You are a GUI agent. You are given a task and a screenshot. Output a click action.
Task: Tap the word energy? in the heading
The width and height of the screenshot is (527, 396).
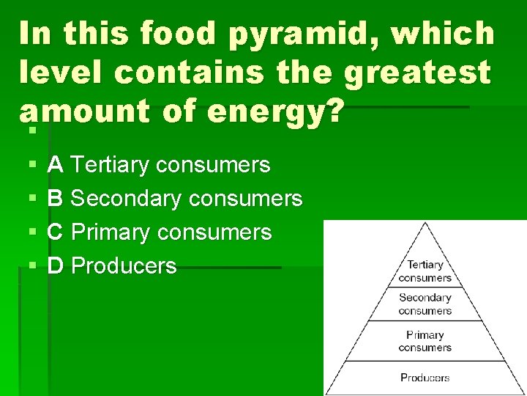(x=275, y=111)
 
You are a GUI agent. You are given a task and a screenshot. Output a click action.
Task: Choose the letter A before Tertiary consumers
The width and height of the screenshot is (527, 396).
(x=55, y=165)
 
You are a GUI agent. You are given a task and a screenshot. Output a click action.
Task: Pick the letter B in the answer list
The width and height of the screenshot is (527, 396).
(x=55, y=199)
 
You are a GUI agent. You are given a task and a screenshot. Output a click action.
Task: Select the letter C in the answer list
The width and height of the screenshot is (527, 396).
(x=55, y=232)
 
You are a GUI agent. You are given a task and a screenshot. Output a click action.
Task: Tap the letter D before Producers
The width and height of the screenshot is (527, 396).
(x=56, y=265)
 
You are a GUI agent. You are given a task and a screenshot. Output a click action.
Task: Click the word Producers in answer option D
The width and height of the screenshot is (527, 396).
(x=125, y=265)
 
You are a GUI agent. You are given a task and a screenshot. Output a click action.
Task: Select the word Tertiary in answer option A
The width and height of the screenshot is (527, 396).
(x=112, y=165)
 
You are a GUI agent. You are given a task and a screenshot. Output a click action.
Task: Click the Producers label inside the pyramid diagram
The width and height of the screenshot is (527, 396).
(x=425, y=378)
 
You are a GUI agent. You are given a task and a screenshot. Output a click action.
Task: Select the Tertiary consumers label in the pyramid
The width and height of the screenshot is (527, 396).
(x=425, y=271)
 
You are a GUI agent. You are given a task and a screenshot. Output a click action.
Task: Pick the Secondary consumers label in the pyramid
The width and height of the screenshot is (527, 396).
(x=425, y=304)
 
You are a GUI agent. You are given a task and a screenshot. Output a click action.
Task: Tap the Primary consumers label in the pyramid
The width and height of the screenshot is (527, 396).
(x=425, y=341)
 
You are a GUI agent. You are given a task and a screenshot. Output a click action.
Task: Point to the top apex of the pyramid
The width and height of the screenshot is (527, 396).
(x=424, y=223)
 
